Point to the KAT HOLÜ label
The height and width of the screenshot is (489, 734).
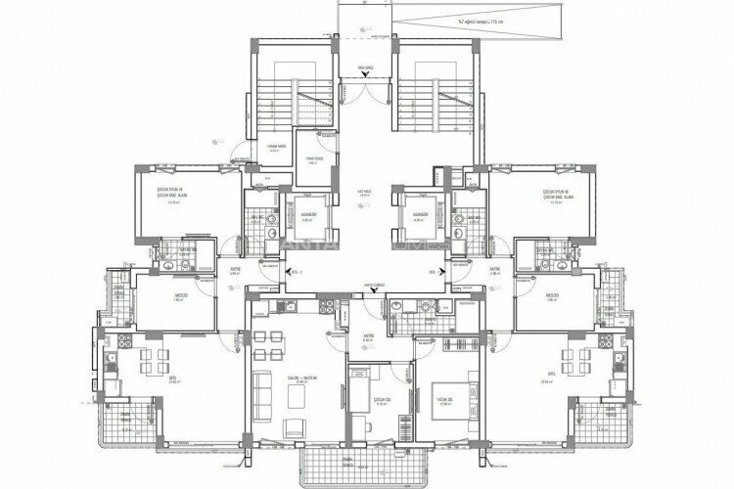point(366,193)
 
